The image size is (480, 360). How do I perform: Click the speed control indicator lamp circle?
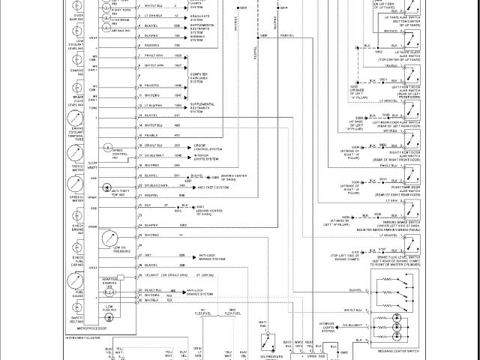coord(107,147)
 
